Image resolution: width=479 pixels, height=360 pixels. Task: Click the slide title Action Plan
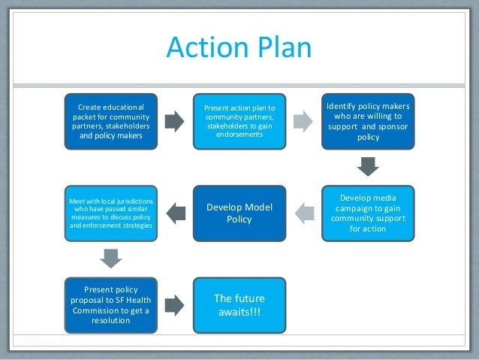[x=239, y=47]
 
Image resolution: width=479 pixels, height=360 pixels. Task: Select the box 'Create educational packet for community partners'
[x=112, y=122]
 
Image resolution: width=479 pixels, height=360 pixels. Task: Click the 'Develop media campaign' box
[x=368, y=213]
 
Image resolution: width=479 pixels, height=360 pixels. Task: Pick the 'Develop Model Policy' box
[x=239, y=213]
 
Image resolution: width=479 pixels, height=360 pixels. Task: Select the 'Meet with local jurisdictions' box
[x=110, y=213]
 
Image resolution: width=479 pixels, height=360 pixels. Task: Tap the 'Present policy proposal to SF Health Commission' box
[x=112, y=304]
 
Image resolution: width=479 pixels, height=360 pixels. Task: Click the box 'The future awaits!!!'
[x=239, y=304]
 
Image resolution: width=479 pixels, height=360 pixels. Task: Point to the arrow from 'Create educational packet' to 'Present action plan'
[x=174, y=122]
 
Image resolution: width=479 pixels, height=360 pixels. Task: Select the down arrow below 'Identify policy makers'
[x=368, y=166]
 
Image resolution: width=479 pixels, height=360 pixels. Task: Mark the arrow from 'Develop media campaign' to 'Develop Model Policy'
[x=304, y=213]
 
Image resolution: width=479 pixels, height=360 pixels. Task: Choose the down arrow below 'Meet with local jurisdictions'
[x=112, y=258]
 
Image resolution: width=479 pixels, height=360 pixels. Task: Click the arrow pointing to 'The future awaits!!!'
[x=174, y=304]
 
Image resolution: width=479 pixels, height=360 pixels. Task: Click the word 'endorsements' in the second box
[x=239, y=135]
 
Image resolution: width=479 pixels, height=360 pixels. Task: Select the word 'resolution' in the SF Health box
[x=112, y=320]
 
